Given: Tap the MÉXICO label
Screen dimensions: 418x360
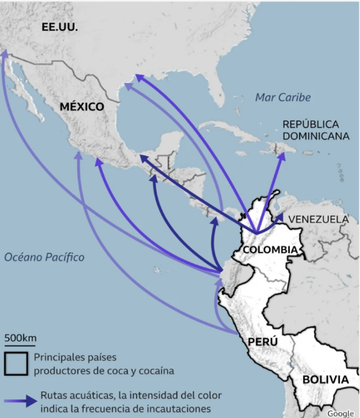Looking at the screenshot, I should (x=81, y=107).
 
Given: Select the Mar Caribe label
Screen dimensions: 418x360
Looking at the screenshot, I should (x=282, y=98).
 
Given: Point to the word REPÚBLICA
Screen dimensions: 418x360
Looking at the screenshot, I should (x=310, y=124).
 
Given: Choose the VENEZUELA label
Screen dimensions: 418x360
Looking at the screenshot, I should (x=318, y=219).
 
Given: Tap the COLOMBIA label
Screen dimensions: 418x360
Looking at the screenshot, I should (x=270, y=249).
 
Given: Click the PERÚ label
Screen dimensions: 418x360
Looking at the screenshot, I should (x=262, y=342).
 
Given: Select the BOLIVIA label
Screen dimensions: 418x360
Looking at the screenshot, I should (x=325, y=380).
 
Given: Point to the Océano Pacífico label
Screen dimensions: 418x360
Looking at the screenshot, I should (x=44, y=257).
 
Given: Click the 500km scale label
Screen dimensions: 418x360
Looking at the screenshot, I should (x=20, y=339).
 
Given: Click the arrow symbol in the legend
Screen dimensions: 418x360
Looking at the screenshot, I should (x=20, y=401).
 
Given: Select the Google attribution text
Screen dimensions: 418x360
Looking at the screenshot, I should (x=341, y=413).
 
